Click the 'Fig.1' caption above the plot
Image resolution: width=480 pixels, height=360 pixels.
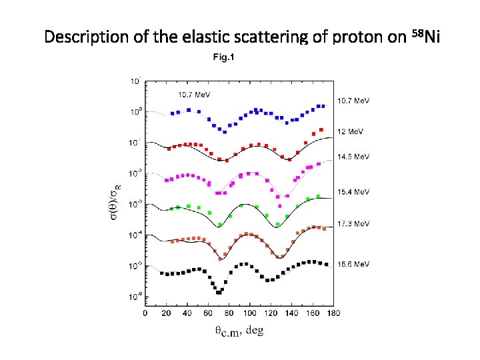(223, 57)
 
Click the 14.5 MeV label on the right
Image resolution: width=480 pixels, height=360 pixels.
(354, 157)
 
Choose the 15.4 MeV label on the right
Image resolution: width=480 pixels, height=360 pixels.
(354, 192)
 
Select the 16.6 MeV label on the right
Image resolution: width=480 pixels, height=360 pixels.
(354, 264)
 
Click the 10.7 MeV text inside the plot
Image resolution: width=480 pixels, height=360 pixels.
(194, 94)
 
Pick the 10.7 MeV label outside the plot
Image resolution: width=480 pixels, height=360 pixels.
(354, 101)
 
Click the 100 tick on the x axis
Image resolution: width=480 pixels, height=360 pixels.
(249, 312)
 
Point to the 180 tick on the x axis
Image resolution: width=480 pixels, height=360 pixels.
(333, 312)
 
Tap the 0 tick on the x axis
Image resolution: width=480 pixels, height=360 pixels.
(146, 312)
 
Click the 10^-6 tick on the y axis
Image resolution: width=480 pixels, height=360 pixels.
(135, 296)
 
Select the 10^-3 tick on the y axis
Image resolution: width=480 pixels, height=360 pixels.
(135, 204)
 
